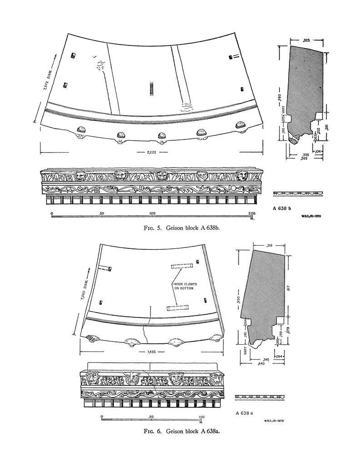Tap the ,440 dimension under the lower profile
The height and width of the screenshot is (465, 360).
(x=261, y=364)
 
